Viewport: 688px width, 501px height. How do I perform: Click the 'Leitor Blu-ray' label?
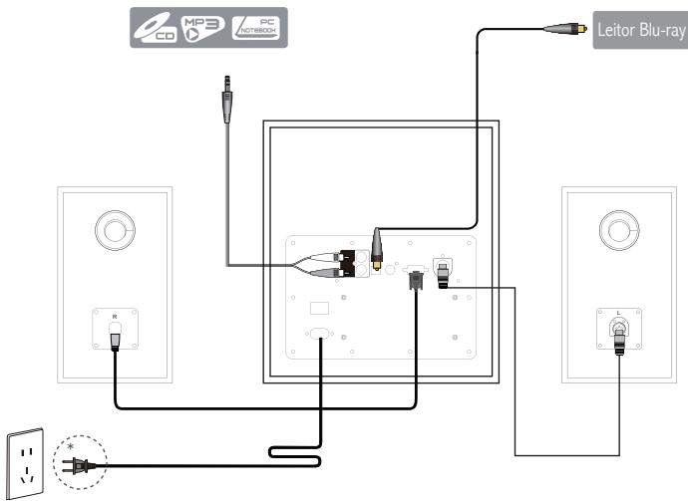[x=639, y=30]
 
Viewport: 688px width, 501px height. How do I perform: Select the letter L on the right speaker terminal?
[x=619, y=314]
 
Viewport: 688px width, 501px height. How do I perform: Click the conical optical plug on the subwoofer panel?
[x=378, y=247]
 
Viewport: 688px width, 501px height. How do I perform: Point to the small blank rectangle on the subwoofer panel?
[x=319, y=308]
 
